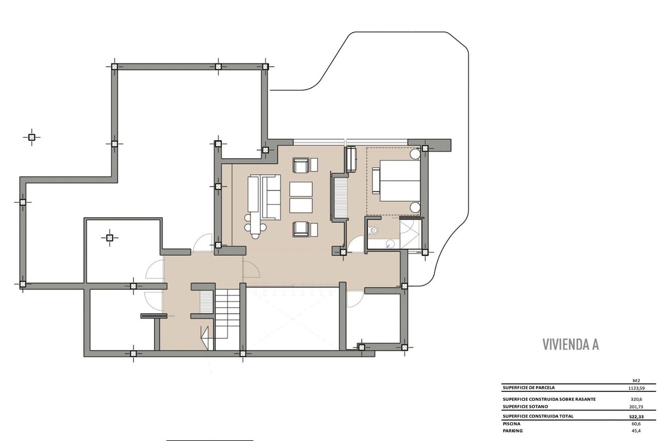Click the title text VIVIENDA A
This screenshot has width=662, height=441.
[570, 345]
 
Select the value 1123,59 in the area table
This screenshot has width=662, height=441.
[636, 388]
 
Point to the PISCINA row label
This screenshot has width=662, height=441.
[511, 423]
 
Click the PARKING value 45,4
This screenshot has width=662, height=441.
[636, 431]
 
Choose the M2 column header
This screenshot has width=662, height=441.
[636, 381]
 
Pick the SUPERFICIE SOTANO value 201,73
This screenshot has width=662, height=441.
[636, 407]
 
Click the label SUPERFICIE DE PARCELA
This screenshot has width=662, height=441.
[528, 388]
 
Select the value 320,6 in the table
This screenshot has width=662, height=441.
[636, 399]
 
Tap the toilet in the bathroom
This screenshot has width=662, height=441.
[373, 230]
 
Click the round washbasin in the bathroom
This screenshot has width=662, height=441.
[391, 244]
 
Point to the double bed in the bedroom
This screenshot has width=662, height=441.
[400, 181]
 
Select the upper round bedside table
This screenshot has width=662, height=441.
[415, 154]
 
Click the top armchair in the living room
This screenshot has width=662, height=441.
[301, 165]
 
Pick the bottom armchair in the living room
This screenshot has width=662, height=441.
[301, 229]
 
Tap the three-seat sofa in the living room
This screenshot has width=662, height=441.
[270, 197]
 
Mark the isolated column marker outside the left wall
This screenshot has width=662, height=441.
[31, 137]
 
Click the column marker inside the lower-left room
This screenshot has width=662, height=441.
[109, 238]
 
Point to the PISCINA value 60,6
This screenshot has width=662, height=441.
[636, 424]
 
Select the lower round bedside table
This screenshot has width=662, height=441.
[415, 207]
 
